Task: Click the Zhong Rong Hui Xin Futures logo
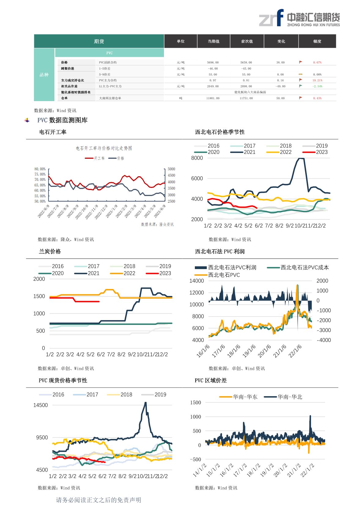click(299, 18)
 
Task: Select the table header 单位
click(180, 41)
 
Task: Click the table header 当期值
click(214, 41)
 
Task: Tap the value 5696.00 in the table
click(213, 62)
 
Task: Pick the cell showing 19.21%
click(317, 80)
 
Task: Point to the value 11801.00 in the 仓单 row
click(213, 98)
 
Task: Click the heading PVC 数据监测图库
click(62, 120)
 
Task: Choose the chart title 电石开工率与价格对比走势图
click(104, 148)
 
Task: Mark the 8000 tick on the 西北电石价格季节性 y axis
click(197, 158)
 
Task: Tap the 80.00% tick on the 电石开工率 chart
click(40, 169)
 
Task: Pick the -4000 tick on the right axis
click(324, 340)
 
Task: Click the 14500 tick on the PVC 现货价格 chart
click(41, 405)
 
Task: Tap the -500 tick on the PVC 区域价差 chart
click(195, 459)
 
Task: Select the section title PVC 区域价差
click(211, 381)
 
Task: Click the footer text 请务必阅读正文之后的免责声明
click(98, 500)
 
